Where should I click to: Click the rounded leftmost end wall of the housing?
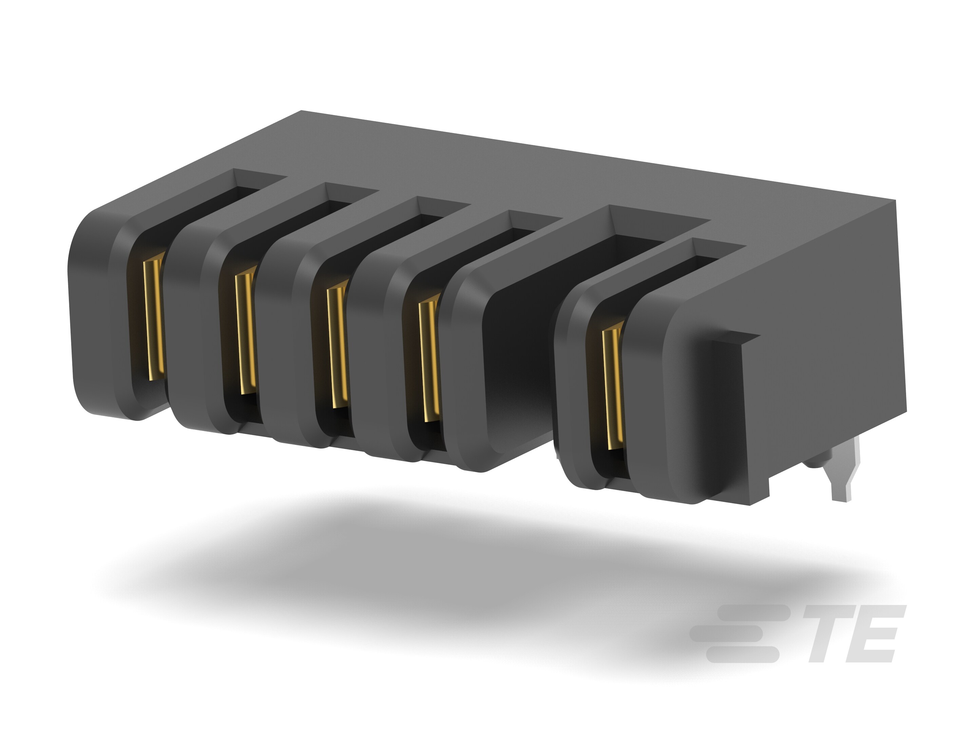coord(88,318)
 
